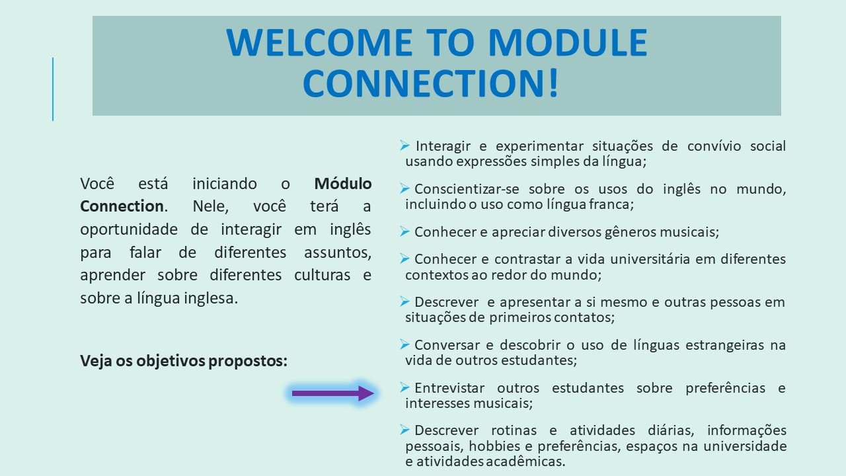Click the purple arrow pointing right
tap(332, 393)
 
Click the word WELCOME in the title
tap(319, 42)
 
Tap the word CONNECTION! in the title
tap(430, 83)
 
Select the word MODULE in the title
tap(568, 42)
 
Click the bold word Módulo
tap(343, 184)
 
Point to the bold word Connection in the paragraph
tap(122, 206)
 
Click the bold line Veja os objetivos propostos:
tap(184, 361)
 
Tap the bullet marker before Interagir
tap(404, 145)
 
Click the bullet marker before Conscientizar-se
tap(404, 188)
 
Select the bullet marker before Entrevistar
tap(404, 387)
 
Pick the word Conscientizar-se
tap(467, 189)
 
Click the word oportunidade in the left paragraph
tap(129, 229)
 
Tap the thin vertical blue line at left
tap(53, 89)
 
